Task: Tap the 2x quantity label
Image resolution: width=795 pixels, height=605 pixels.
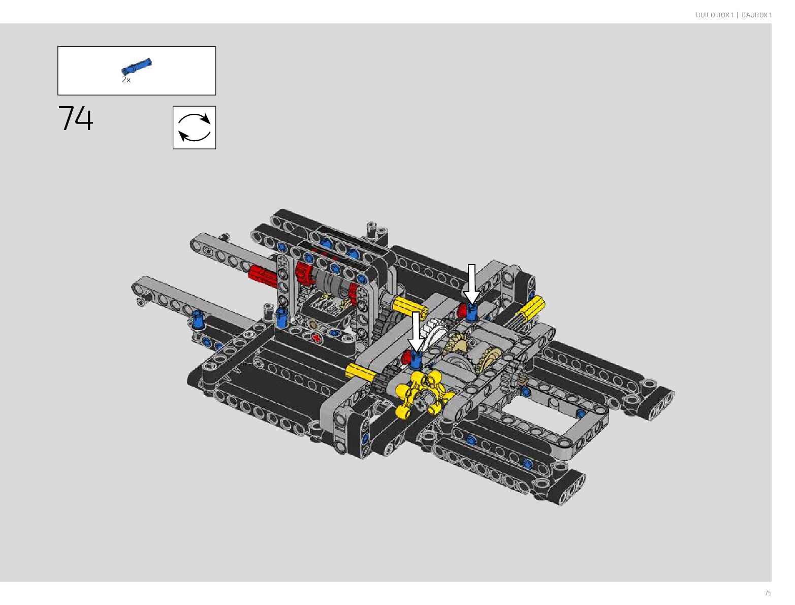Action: (126, 80)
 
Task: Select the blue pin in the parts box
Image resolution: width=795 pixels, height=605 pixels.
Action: (136, 66)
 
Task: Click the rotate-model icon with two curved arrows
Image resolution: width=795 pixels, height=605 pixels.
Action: (194, 128)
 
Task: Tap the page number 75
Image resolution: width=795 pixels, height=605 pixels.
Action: (768, 593)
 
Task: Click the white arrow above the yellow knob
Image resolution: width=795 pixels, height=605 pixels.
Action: (416, 332)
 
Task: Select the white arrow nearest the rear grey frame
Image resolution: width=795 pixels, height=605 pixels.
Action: (471, 284)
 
